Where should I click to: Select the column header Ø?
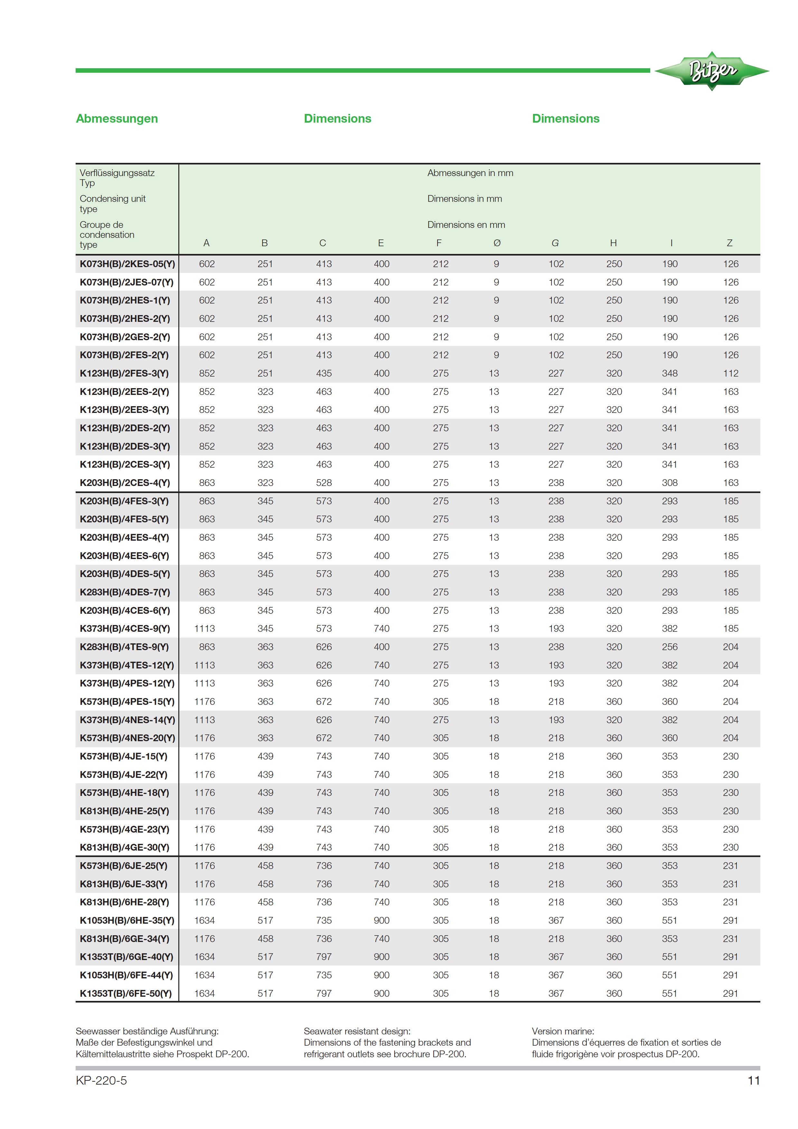[497, 243]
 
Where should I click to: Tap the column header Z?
[730, 243]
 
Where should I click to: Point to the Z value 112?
[731, 373]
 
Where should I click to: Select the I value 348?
[670, 373]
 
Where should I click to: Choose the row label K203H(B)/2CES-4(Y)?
[125, 483]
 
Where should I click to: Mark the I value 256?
[670, 647]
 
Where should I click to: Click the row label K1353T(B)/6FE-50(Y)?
[126, 994]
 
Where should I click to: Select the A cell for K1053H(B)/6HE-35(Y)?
[204, 920]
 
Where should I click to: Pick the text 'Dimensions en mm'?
[466, 225]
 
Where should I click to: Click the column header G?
[555, 243]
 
